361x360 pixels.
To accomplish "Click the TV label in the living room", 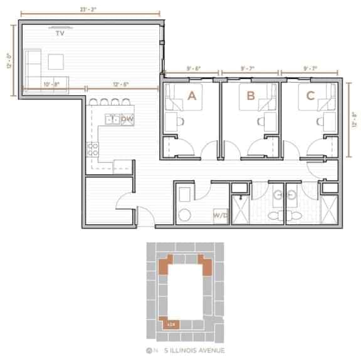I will pyautogui.click(x=60, y=33).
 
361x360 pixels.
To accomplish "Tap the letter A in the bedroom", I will pyautogui.click(x=192, y=96).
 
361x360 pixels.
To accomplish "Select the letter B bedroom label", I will pyautogui.click(x=251, y=96).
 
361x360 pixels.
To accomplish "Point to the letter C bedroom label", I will pyautogui.click(x=310, y=96).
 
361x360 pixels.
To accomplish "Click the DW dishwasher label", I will pyautogui.click(x=127, y=118).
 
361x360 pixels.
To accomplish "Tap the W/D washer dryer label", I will pyautogui.click(x=220, y=215).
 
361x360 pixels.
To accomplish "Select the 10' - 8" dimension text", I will pyautogui.click(x=51, y=83).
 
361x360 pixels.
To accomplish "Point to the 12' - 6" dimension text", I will pyautogui.click(x=121, y=83).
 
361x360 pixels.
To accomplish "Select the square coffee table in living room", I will pyautogui.click(x=57, y=61).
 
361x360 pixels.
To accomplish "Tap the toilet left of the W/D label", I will pyautogui.click(x=184, y=215).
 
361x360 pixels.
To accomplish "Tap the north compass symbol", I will pyautogui.click(x=149, y=349).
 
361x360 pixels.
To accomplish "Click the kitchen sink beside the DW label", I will pyautogui.click(x=112, y=118).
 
